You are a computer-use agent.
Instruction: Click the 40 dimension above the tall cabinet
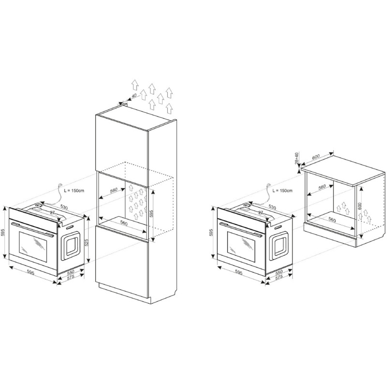[134, 95]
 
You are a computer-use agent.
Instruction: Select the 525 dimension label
[87, 243]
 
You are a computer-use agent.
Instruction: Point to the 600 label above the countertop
[316, 157]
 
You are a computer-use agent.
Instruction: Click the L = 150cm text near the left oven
[74, 191]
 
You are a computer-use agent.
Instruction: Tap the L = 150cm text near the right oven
[283, 191]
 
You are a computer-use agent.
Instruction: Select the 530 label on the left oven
[64, 207]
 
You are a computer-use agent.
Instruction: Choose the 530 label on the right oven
[272, 207]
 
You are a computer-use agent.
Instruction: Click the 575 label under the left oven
[71, 277]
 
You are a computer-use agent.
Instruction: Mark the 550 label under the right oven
[279, 272]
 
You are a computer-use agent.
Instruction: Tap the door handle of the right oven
[240, 229]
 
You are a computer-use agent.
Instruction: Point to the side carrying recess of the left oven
[71, 246]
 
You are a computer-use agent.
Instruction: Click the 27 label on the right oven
[261, 212]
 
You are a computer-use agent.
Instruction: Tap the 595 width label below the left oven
[30, 272]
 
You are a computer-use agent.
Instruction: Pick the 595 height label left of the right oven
[211, 232]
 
